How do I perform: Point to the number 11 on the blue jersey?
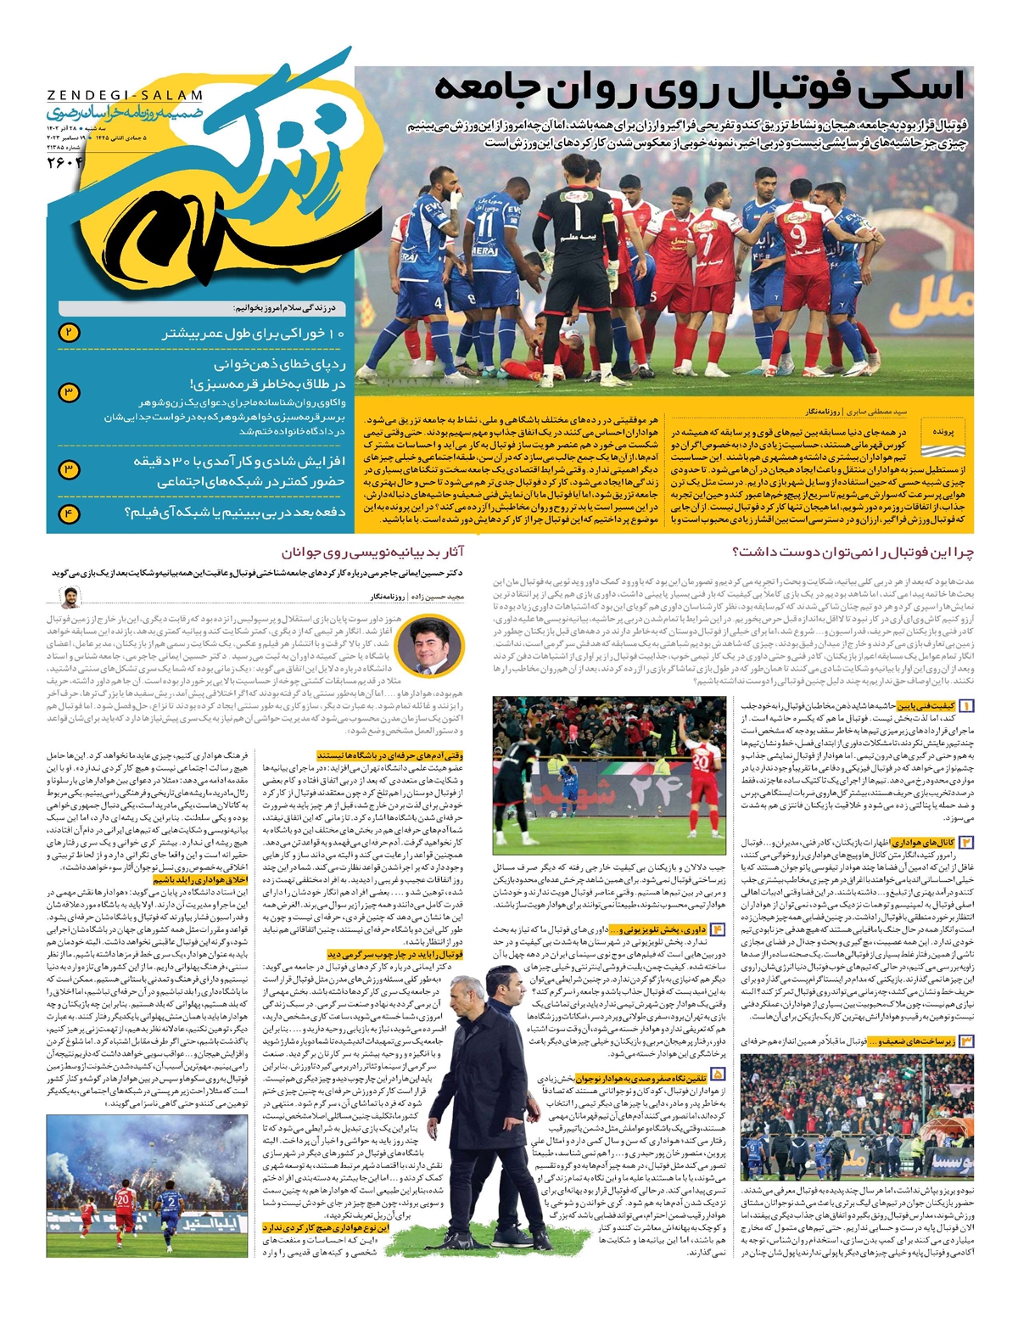click(x=484, y=225)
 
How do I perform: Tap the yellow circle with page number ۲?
click(x=69, y=333)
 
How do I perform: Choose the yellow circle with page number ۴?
click(x=69, y=513)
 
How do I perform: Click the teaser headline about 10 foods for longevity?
click(x=253, y=334)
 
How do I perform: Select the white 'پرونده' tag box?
click(x=942, y=431)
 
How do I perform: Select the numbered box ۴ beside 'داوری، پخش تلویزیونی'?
click(x=719, y=929)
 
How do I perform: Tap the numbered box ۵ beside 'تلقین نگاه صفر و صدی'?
click(x=719, y=1074)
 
